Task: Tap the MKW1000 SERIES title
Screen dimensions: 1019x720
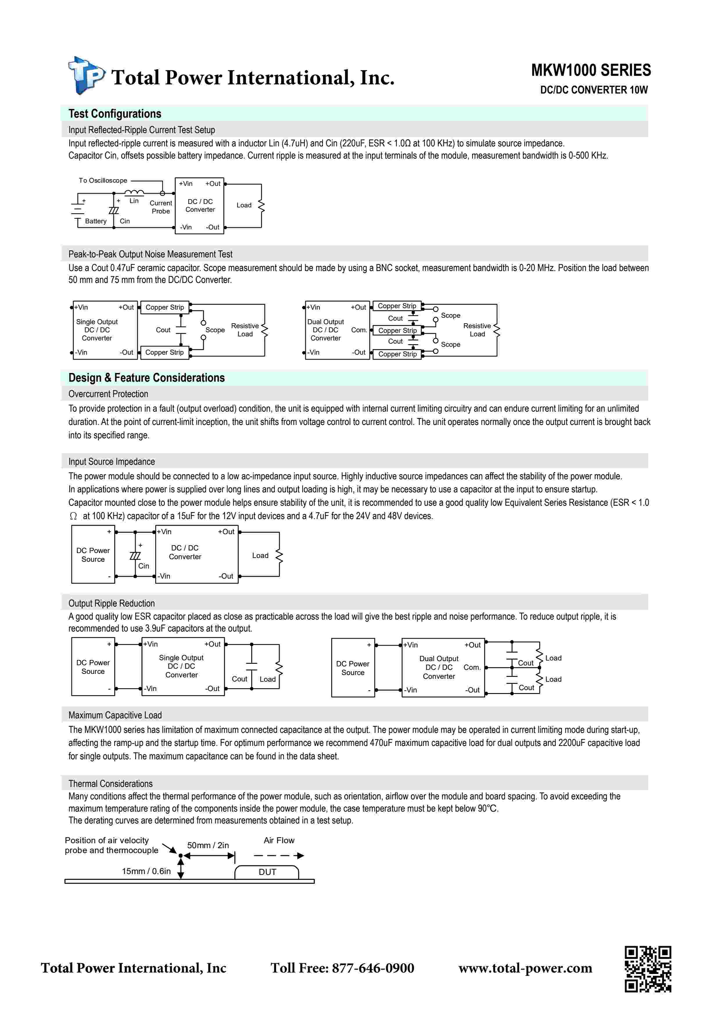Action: [591, 70]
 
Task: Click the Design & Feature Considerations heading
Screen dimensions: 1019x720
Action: [146, 378]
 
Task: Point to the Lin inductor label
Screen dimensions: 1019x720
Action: [134, 201]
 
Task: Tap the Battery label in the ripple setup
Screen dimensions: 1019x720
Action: [96, 221]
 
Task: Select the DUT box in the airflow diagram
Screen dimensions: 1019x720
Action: [267, 872]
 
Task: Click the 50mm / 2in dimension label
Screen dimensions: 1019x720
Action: [208, 845]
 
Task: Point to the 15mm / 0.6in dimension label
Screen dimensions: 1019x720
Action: [146, 871]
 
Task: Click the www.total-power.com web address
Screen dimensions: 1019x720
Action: [525, 968]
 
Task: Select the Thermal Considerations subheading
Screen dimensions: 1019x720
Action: [110, 783]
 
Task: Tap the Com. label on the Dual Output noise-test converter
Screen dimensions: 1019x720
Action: [359, 330]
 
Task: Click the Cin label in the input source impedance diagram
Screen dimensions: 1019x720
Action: [143, 566]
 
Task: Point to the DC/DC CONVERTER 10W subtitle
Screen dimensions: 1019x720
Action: [594, 90]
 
